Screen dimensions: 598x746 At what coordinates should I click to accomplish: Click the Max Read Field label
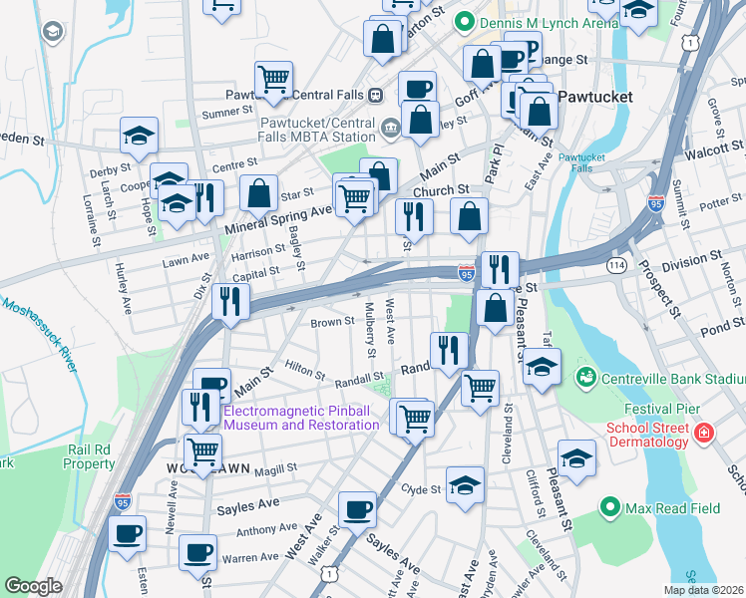click(x=672, y=508)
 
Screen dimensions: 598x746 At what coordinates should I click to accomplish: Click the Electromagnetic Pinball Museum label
click(x=302, y=418)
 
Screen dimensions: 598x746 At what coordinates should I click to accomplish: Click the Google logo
click(x=33, y=586)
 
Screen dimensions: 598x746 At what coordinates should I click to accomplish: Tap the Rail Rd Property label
click(x=90, y=456)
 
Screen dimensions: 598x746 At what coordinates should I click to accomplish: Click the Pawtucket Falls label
click(x=576, y=162)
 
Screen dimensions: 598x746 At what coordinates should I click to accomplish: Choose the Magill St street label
click(x=276, y=468)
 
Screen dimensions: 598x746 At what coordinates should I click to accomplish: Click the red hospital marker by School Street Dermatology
click(x=704, y=434)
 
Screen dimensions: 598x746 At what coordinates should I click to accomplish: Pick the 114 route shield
click(x=616, y=265)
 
